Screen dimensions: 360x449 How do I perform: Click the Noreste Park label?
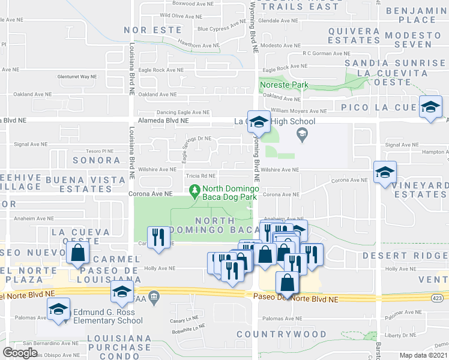pos(284,85)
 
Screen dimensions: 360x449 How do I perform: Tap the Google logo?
pos(20,353)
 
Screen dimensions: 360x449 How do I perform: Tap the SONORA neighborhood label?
pos(97,160)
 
